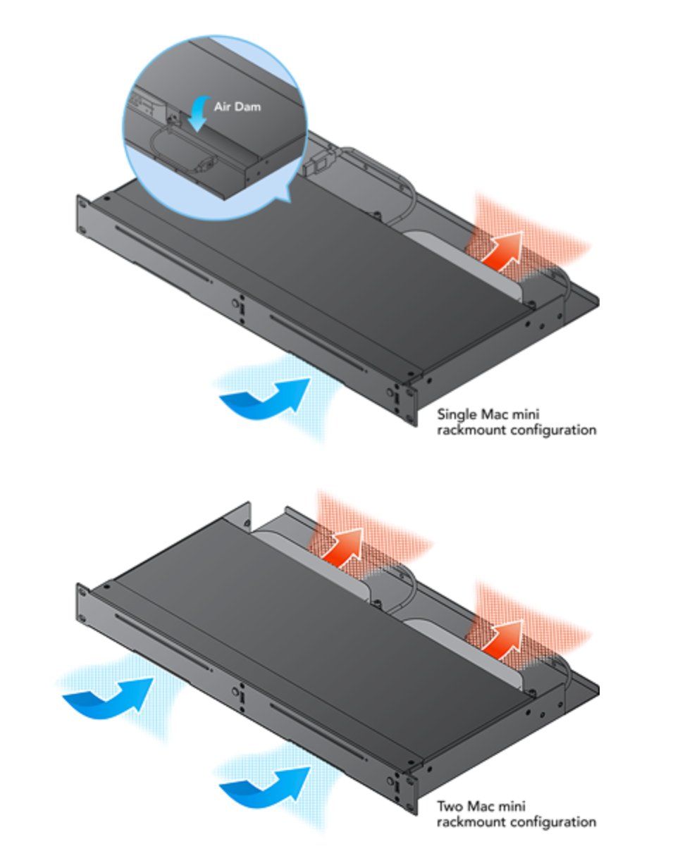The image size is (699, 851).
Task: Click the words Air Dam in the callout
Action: [237, 107]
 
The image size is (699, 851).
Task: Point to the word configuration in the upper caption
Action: [553, 430]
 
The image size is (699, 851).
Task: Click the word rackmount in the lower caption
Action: [472, 821]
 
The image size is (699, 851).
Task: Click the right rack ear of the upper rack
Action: [410, 405]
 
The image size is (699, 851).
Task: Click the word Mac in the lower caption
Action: [480, 806]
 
